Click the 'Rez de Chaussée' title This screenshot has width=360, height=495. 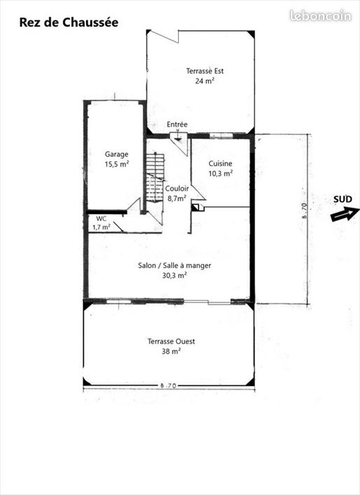coord(69,23)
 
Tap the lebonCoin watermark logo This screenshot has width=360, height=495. coord(320,16)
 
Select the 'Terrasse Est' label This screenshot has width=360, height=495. coord(205,71)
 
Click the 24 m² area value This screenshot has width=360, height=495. coord(205,81)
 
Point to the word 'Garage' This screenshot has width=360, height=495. coord(117,155)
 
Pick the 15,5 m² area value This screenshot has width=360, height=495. coord(117,164)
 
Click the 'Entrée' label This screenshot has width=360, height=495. coord(177,124)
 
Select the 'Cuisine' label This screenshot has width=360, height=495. coord(220,164)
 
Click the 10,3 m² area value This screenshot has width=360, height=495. coord(220,173)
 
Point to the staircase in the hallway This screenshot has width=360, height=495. coord(155,178)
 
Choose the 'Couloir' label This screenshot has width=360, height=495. coord(177,189)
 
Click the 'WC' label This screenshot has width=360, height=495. coord(101,218)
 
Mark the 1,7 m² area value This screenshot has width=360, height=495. coord(101,227)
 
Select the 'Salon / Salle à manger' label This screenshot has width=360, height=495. coord(175,266)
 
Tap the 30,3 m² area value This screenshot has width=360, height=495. coord(175,275)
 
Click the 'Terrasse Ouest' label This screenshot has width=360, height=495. coord(171,341)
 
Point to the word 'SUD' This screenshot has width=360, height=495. coord(343,199)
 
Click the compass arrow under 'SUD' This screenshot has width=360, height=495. coord(345,214)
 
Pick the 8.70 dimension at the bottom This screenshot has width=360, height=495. coord(168,385)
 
